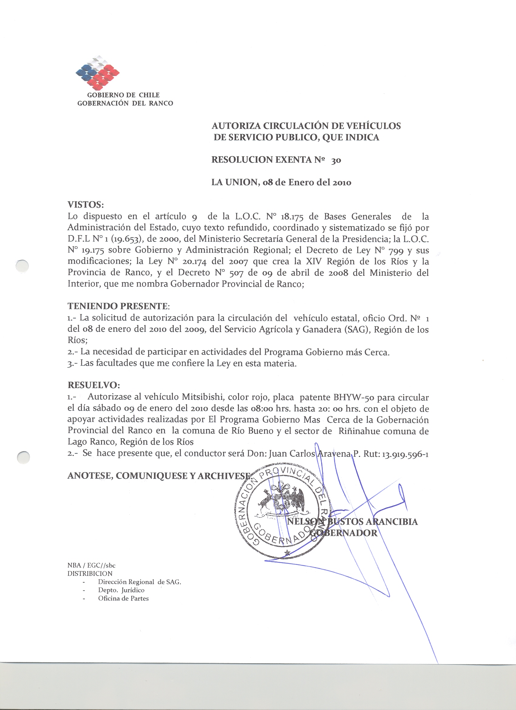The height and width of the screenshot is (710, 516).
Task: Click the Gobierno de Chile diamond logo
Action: click(x=98, y=73)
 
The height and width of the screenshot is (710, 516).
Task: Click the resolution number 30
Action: click(x=336, y=161)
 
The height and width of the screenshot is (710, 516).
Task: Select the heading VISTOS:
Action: click(x=86, y=205)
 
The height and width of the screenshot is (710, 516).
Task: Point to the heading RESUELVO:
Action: click(x=93, y=385)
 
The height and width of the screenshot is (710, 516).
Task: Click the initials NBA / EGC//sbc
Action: click(x=91, y=565)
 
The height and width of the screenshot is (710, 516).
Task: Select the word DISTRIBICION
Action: click(x=90, y=573)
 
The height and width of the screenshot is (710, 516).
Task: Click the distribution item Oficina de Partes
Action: click(x=123, y=598)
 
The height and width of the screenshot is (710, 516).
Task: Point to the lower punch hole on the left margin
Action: click(x=23, y=458)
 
